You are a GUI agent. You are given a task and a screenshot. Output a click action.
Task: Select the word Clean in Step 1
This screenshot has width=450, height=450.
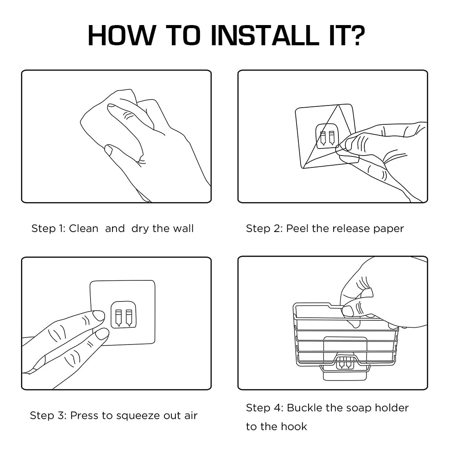83,229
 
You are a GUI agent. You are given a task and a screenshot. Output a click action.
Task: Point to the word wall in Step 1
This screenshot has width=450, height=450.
183,229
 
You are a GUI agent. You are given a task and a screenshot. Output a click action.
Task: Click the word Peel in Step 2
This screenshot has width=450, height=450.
298,229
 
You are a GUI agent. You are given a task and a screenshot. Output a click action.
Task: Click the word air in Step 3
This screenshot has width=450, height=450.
191,415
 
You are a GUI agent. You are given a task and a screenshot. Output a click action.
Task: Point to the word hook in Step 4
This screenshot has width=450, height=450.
294,426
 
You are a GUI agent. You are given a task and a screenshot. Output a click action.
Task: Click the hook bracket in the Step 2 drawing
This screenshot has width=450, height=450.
327,137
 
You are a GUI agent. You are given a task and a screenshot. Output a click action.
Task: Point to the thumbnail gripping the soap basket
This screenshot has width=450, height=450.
348,311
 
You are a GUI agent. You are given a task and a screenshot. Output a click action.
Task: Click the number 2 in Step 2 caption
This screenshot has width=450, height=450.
277,229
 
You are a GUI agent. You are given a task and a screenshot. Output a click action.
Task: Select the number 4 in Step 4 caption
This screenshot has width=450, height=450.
277,408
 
